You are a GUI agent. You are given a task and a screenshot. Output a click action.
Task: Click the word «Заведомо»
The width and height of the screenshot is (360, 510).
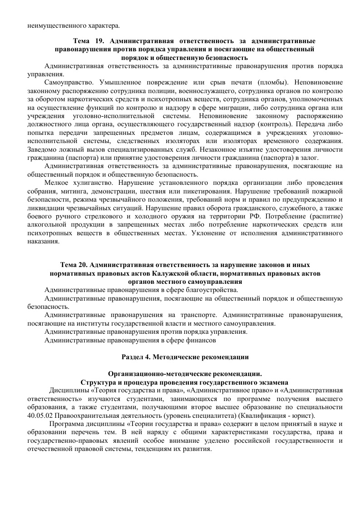(40, 149)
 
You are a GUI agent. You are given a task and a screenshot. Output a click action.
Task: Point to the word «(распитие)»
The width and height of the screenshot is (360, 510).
(320, 215)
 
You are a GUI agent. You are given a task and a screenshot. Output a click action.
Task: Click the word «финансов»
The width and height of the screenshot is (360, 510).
(202, 340)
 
